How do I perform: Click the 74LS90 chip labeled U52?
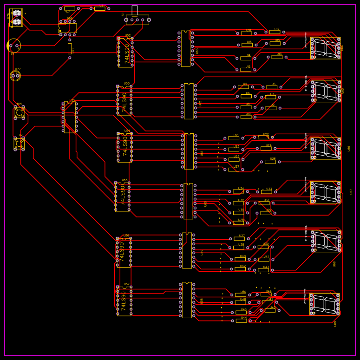click(125, 52)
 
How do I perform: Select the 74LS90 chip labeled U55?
click(123, 197)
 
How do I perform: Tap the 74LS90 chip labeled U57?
click(124, 301)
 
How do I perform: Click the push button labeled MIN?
click(19, 112)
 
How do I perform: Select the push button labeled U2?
click(19, 143)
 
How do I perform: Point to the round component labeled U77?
click(15, 76)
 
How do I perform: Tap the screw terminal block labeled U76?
click(17, 18)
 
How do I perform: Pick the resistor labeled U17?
click(275, 32)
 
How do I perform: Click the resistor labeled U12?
click(246, 70)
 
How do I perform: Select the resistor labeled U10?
click(246, 117)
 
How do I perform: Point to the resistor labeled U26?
click(270, 162)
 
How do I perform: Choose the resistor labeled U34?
click(238, 191)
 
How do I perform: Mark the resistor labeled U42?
click(240, 269)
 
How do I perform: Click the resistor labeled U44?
click(241, 321)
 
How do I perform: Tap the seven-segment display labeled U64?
click(325, 48)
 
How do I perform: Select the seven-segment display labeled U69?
click(324, 304)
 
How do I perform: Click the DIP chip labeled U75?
click(70, 118)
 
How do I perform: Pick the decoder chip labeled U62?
click(189, 101)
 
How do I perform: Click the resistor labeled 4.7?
click(70, 8)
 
